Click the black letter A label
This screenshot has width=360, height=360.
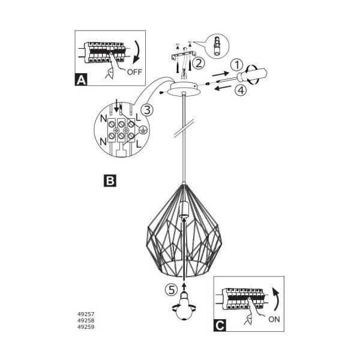pyautogui.click(x=81, y=80)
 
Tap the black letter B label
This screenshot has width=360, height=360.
pyautogui.click(x=110, y=181)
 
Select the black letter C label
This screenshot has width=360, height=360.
pyautogui.click(x=220, y=325)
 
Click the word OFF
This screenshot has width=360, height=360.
pyautogui.click(x=134, y=72)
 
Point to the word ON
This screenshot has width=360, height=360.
pyautogui.click(x=274, y=319)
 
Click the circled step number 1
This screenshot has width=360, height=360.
pyautogui.click(x=236, y=65)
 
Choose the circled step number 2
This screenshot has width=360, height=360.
pyautogui.click(x=199, y=63)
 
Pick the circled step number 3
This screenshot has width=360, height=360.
pyautogui.click(x=147, y=110)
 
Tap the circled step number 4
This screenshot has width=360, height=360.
pyautogui.click(x=241, y=90)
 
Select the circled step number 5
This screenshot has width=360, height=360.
pyautogui.click(x=171, y=290)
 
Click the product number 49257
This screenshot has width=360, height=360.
pyautogui.click(x=86, y=314)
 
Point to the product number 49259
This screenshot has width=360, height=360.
pyautogui.click(x=86, y=327)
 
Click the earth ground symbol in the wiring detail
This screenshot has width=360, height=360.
pyautogui.click(x=143, y=130)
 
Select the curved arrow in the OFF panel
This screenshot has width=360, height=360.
pyautogui.click(x=137, y=52)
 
